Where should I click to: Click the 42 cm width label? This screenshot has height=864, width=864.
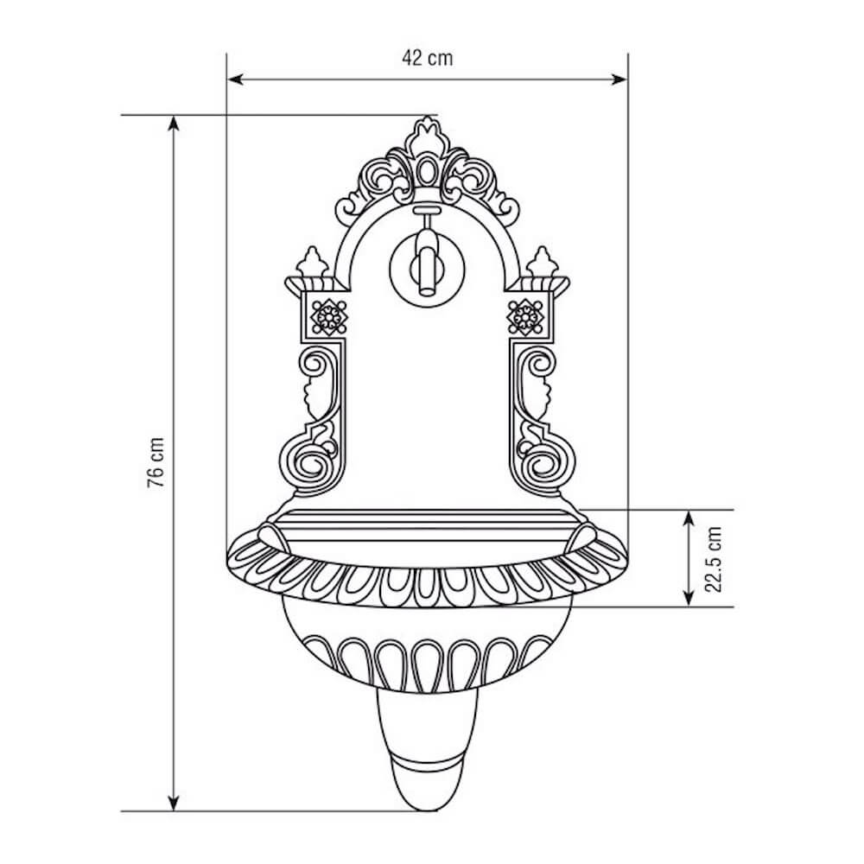point(427,58)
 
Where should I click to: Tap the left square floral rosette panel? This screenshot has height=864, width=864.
point(327,317)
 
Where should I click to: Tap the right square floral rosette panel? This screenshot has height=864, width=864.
point(524,317)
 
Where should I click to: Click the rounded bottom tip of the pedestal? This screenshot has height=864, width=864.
point(425,804)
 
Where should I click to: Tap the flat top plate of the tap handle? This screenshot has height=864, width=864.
point(425,210)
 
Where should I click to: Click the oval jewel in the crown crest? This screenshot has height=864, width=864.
point(425,170)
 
